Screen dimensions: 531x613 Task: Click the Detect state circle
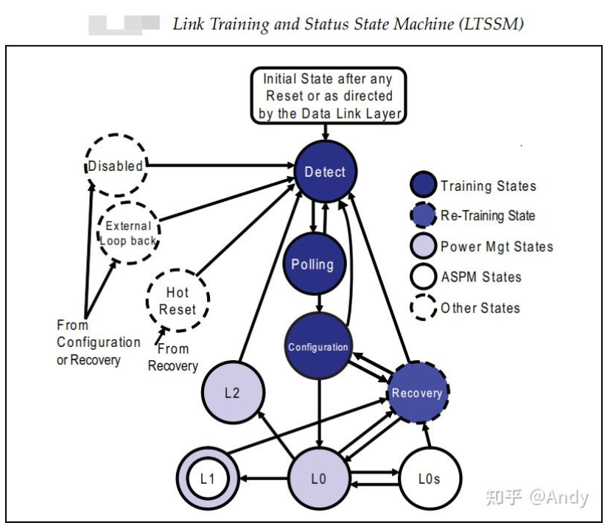click(x=325, y=172)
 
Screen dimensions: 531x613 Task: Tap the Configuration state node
click(x=318, y=345)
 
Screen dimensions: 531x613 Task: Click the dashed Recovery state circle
click(x=417, y=392)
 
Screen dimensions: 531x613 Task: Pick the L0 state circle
click(x=318, y=479)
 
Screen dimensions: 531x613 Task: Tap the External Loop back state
click(x=128, y=233)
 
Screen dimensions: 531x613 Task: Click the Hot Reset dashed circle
click(x=178, y=300)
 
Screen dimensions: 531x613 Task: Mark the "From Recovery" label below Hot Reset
click(x=173, y=357)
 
